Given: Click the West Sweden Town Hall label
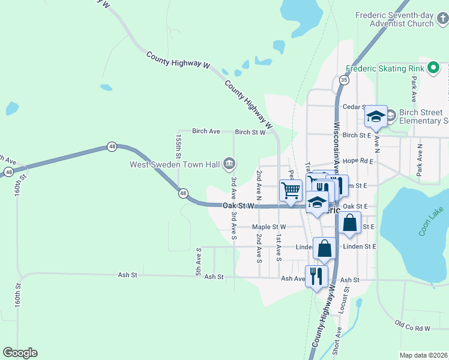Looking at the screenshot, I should point(174,164).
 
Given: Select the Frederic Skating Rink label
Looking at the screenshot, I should point(384,68).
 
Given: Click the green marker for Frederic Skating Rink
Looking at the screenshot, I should point(432,68).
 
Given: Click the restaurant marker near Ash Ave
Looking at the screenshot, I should point(316,277).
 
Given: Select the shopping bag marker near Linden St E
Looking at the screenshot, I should point(324,248).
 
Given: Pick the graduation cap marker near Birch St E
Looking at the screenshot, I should point(376,117).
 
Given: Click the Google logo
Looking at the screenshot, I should point(20,353).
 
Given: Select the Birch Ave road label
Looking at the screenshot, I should point(206,131).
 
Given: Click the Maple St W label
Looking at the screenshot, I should point(269,227).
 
